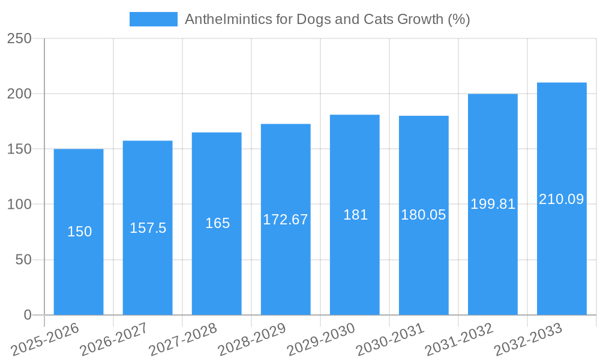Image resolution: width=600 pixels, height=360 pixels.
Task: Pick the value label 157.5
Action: [x=148, y=228]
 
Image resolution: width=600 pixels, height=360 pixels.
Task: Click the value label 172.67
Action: [x=286, y=220]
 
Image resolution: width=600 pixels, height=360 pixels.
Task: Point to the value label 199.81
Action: [x=493, y=204]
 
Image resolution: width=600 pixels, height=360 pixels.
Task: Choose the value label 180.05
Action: [x=424, y=215]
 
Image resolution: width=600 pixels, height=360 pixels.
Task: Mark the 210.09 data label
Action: [x=562, y=199]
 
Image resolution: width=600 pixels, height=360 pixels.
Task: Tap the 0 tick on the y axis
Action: [x=27, y=315]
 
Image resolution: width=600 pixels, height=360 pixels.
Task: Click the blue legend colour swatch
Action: [x=154, y=19]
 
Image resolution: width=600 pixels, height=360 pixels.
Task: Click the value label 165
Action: [x=217, y=223]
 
